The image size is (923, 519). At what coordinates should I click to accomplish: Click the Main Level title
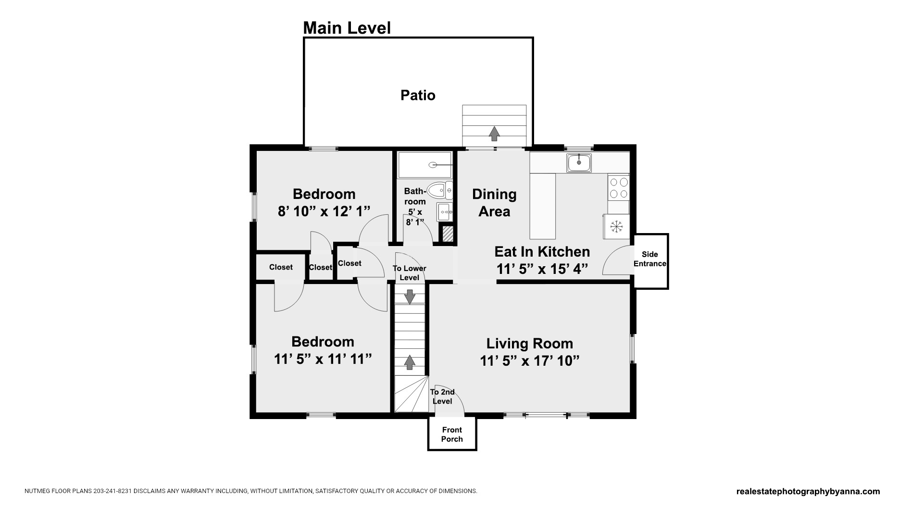[x=347, y=28]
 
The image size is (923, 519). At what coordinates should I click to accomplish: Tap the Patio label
[x=418, y=95]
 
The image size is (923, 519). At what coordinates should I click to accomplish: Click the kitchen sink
[x=579, y=163]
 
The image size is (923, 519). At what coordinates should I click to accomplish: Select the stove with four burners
[x=618, y=187]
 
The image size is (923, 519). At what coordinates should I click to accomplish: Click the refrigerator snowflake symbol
[x=616, y=226]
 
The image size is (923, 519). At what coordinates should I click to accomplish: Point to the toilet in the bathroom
[x=439, y=190]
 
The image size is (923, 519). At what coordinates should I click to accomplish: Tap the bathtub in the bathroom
[x=425, y=165]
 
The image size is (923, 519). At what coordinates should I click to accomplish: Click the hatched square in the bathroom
[x=448, y=234]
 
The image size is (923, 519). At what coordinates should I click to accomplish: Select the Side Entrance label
[x=650, y=259]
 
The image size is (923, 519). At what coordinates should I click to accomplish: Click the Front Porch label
[x=452, y=434]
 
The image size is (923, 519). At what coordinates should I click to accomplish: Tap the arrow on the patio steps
[x=494, y=133]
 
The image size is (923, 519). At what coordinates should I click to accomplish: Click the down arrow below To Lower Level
[x=410, y=297]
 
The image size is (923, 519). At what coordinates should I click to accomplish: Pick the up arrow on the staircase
[x=410, y=362]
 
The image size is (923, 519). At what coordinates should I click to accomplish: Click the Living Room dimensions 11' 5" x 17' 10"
[x=530, y=360]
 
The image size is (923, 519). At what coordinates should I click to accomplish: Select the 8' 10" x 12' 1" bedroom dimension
[x=324, y=211]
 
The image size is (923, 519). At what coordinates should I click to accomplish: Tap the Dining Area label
[x=494, y=203]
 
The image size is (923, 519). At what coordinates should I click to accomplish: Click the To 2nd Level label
[x=442, y=396]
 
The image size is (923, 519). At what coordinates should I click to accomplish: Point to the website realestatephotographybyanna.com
[x=808, y=491]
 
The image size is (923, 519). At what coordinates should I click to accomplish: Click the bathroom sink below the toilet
[x=445, y=211]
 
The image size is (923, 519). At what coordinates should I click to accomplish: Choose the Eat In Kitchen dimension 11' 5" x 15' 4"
[x=542, y=269]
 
